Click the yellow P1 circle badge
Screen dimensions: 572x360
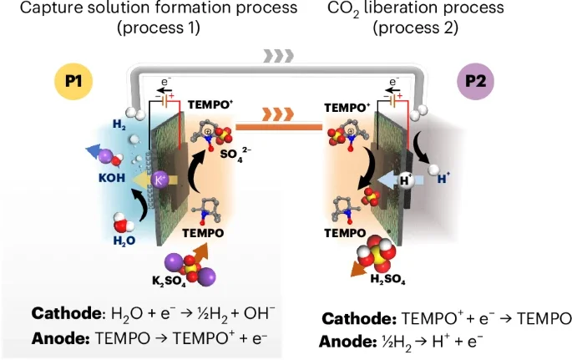tap(73, 81)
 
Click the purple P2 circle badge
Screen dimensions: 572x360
tap(476, 81)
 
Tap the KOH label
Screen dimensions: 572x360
tap(112, 178)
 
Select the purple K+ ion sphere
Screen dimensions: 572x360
tap(159, 180)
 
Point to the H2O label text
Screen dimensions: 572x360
tap(124, 241)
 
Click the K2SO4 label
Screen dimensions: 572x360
tap(169, 281)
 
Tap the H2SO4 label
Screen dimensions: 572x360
tap(387, 279)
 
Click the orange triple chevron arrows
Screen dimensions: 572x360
tap(278, 114)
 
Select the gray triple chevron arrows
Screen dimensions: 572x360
tap(278, 56)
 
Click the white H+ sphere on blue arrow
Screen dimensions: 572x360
tap(406, 180)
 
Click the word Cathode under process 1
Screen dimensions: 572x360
tap(66, 313)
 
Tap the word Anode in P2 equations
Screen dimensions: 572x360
tap(347, 342)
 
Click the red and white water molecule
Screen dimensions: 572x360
tap(123, 221)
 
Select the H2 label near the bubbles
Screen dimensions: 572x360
tap(119, 124)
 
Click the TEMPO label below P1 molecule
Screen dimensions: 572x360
tap(203, 233)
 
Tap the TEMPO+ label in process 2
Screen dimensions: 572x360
tap(347, 108)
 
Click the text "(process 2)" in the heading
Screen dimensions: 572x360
tap(416, 28)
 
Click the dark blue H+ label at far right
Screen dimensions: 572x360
tap(443, 179)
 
